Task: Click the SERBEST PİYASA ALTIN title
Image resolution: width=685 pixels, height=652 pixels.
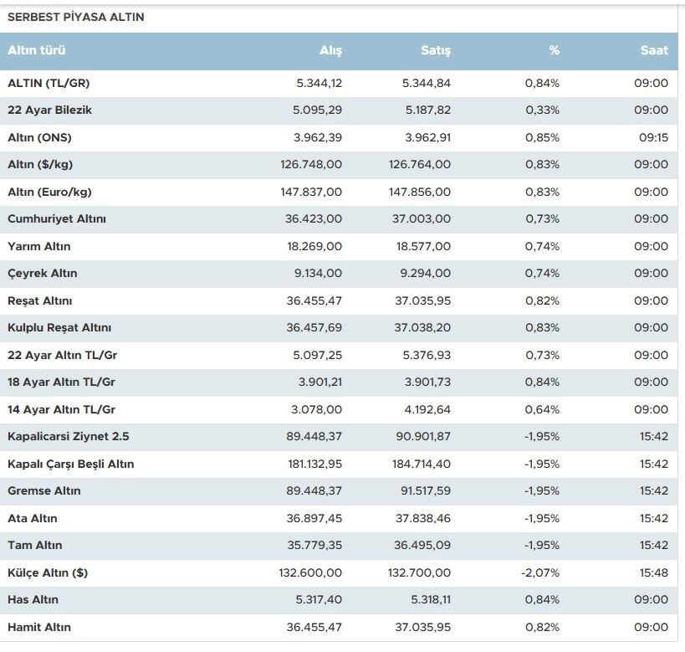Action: point(75,17)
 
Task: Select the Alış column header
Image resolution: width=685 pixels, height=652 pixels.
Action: point(330,50)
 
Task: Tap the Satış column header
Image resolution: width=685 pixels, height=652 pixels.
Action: point(436,50)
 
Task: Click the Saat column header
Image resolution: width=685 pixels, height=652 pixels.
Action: point(654,50)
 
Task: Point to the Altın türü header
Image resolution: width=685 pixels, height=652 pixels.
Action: point(37,50)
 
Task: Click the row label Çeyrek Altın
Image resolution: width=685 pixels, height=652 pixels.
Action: point(43,274)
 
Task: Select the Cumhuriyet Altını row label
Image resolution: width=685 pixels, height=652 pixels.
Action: point(57,218)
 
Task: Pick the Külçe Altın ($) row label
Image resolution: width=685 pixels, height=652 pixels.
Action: point(48,572)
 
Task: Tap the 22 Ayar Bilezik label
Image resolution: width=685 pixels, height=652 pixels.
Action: point(50,110)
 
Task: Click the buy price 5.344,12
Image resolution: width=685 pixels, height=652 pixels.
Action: point(319,83)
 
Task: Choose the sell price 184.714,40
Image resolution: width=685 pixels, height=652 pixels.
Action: point(422,464)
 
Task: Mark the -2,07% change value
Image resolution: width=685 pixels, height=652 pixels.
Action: point(540,572)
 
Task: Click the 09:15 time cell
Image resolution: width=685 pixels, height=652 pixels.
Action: point(653,138)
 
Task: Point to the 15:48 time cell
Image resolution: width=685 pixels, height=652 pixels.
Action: point(654,572)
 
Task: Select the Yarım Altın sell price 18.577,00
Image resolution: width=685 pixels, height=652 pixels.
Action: point(423,246)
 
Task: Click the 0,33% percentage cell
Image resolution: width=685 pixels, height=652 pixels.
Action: point(542,110)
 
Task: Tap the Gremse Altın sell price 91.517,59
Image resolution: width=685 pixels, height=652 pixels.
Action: point(426,490)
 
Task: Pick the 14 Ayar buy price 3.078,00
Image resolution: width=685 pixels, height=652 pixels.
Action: point(316,410)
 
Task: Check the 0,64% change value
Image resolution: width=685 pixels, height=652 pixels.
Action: point(542,410)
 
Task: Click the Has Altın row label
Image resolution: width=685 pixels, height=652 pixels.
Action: point(33,599)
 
